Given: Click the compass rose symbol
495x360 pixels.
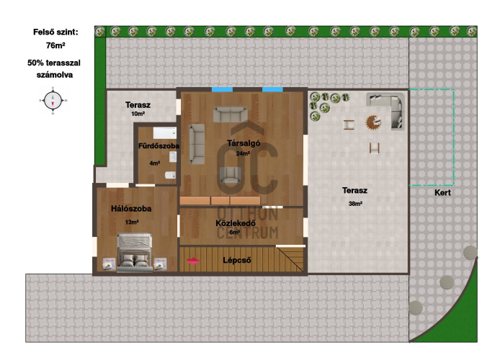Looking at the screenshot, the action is coord(53,101).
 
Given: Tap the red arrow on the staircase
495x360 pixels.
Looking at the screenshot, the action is coord(193,261).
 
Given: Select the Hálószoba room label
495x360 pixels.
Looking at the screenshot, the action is coord(131,209).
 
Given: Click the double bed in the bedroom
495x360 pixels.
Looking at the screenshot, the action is coord(135,253).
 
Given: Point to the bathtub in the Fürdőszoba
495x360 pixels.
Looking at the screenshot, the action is coord(165,132).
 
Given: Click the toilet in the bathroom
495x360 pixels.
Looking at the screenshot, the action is coord(171,175).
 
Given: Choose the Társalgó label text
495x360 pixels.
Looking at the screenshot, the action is coord(244,143).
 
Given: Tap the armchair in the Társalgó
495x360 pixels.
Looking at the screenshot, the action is coord(231,175).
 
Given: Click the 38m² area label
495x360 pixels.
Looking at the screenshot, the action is coord(355,204).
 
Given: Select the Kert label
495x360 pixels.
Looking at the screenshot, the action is coord(442,192).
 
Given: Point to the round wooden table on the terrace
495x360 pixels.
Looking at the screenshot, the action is coord(373,122).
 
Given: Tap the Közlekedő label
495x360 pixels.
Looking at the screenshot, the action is coord(236,223).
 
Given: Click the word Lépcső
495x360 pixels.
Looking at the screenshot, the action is coord(237,261).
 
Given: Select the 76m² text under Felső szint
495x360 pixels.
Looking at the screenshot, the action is coord(55,45).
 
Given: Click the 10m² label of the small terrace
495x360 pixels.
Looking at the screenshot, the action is coord(138,114).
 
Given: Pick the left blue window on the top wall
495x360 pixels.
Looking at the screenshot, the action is coord(222,89).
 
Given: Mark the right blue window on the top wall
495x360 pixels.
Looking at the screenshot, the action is coord(272,89).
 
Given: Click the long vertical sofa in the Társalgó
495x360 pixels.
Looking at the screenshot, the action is coord(197,144).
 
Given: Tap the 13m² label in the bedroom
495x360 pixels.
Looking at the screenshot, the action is coord(132,222).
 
